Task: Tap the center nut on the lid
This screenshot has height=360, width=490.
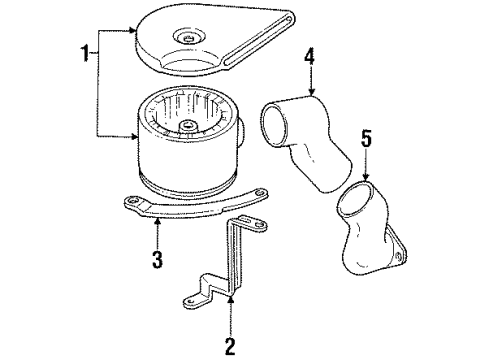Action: [x=188, y=38]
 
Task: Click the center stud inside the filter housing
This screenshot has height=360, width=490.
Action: [x=191, y=126]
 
